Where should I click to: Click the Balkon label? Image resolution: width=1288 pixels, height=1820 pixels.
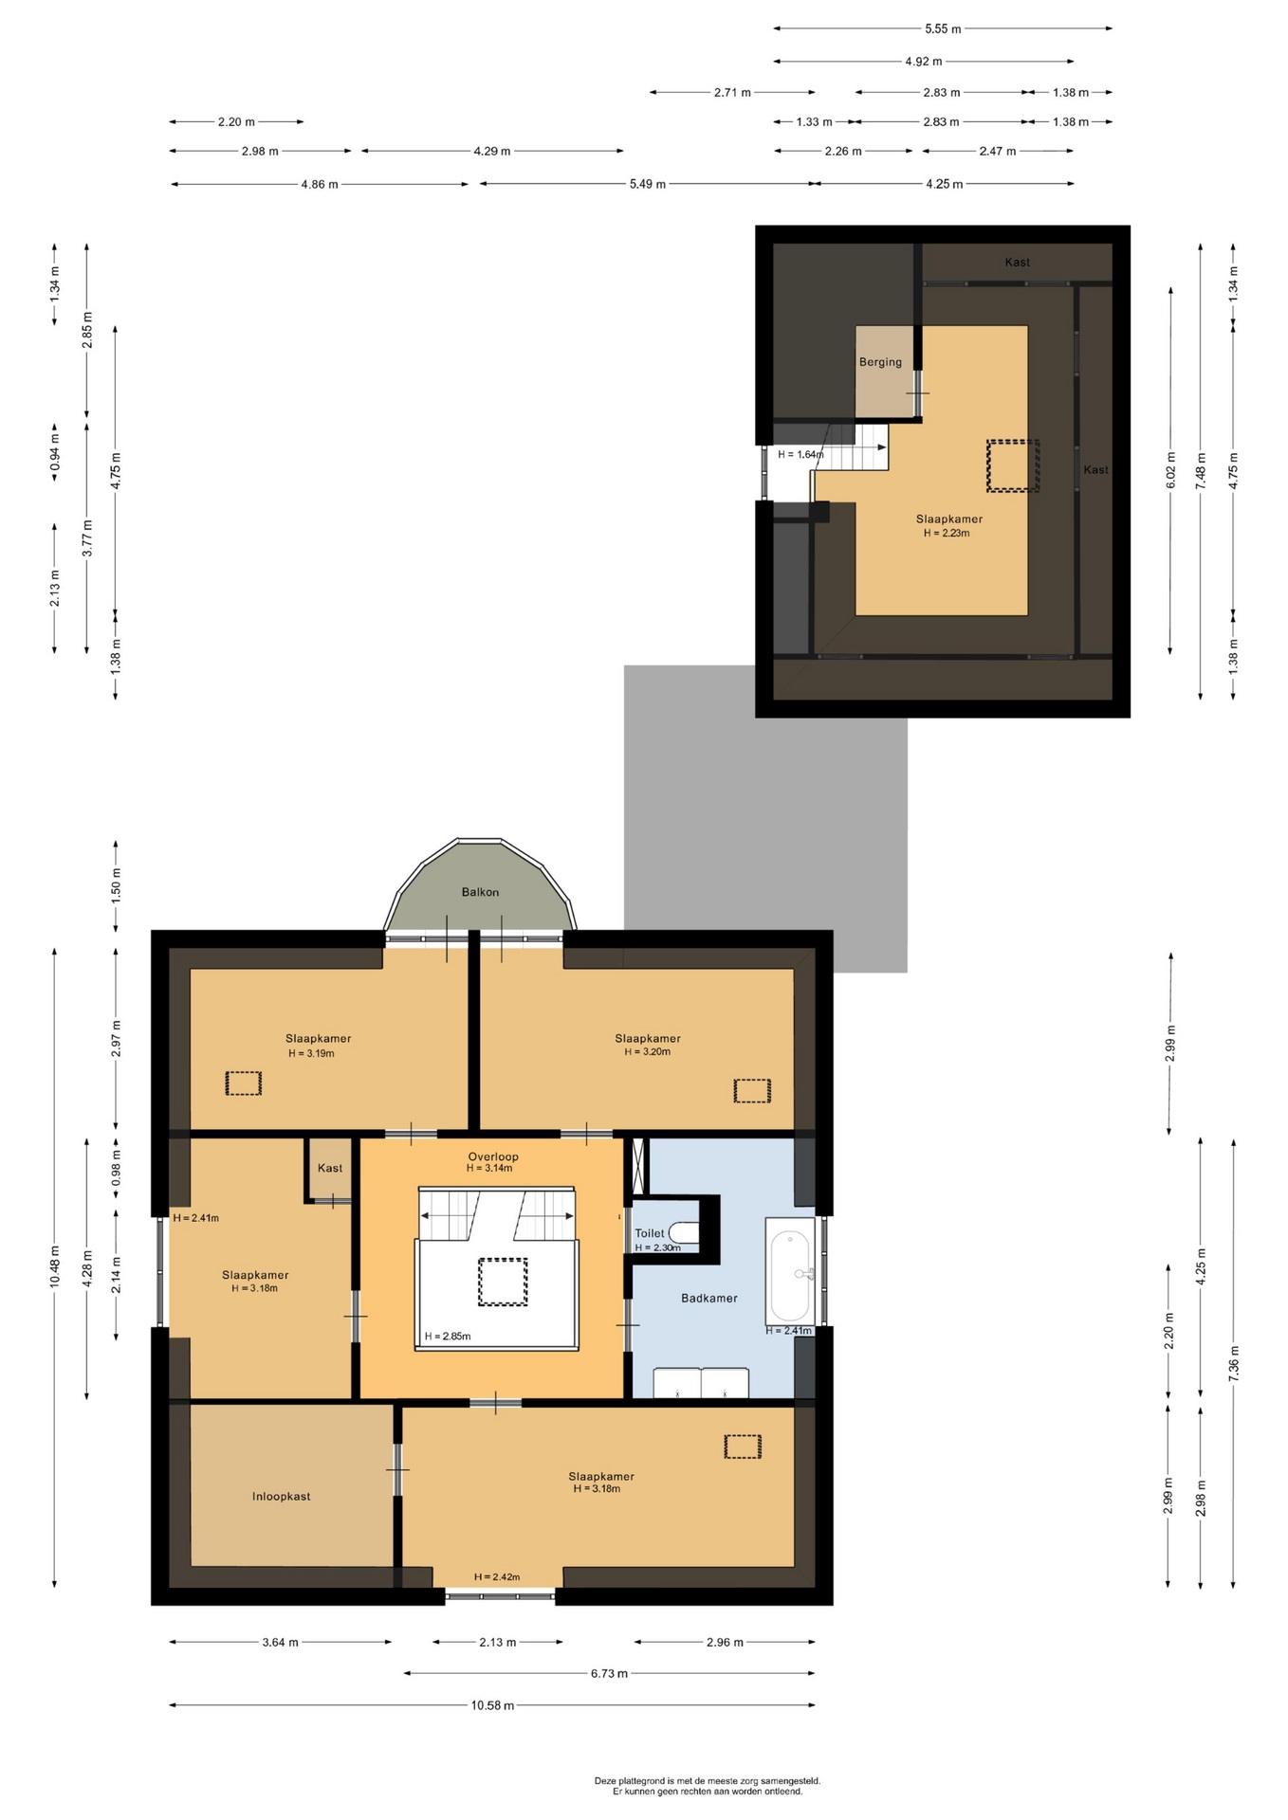(x=480, y=892)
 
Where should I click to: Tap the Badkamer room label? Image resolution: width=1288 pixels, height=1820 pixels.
(x=708, y=1298)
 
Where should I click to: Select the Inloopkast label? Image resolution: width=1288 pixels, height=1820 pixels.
(x=281, y=1496)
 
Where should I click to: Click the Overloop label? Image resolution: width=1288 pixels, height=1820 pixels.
(x=493, y=1156)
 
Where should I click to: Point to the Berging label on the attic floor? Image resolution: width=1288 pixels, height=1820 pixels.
(x=880, y=362)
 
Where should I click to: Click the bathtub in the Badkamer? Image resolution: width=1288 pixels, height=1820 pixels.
(x=790, y=1271)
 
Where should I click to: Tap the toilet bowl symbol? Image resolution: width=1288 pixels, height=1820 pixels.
(x=684, y=1232)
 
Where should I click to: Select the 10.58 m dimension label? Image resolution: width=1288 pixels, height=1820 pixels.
(x=492, y=1705)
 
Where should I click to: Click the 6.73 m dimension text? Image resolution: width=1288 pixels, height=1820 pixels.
(x=609, y=1673)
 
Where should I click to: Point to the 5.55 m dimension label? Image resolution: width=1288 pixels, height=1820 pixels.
(x=943, y=28)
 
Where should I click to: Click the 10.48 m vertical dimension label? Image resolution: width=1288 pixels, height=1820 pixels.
(x=55, y=1266)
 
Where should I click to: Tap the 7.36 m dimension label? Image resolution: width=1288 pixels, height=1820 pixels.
(x=1233, y=1363)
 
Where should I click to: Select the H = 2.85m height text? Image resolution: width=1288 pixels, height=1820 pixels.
(x=448, y=1337)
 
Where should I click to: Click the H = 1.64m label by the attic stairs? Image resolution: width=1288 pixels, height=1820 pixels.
(x=800, y=454)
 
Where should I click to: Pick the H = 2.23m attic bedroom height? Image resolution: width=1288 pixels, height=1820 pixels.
(x=947, y=533)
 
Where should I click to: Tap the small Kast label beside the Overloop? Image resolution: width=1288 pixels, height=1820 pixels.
(x=330, y=1168)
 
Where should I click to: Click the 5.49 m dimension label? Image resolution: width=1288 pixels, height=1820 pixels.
(x=648, y=184)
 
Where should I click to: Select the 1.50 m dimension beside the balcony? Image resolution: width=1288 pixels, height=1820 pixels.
(x=116, y=885)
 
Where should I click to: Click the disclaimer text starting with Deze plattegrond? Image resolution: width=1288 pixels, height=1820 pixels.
(x=708, y=1786)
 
